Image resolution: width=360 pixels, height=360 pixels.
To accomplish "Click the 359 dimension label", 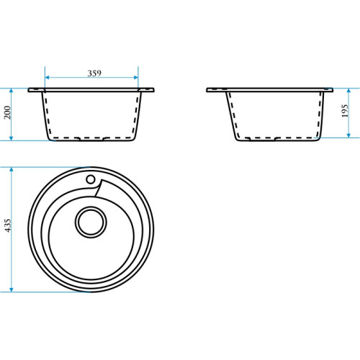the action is [x=94, y=73].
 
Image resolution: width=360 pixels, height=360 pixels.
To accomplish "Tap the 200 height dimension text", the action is [x=7, y=112].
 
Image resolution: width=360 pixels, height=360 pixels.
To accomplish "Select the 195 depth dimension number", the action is [x=345, y=111].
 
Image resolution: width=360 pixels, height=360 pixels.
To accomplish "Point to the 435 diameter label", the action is [x=8, y=225].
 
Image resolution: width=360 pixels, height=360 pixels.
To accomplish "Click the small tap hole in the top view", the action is [x=91, y=179].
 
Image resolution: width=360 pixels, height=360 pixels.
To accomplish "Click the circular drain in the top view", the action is [x=91, y=222].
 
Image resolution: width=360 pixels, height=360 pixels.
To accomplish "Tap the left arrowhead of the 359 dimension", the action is [x=47, y=77].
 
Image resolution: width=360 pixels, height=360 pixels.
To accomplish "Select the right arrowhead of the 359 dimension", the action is [x=136, y=77].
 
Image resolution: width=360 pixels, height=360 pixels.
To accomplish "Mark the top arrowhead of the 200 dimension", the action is [x=11, y=91].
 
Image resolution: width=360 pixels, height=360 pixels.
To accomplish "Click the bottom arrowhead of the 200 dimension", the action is [x=11, y=138].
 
